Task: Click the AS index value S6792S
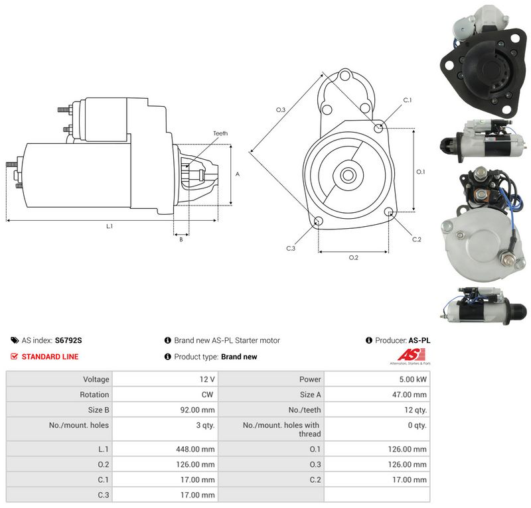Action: tap(68, 340)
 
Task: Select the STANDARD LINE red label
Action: tap(50, 357)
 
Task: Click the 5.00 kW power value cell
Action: tap(413, 379)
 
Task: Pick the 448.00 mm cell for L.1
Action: tap(195, 449)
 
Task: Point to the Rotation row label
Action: tap(94, 395)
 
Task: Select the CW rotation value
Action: tap(207, 395)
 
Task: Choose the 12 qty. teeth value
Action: tap(416, 411)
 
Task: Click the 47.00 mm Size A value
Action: tap(410, 395)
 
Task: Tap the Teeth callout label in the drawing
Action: tap(220, 133)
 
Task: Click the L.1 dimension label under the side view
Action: tap(110, 226)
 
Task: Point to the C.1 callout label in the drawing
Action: tap(408, 100)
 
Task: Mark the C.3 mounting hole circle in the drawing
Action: tap(319, 222)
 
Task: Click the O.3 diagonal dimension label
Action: tap(281, 109)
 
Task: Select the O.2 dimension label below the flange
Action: tap(354, 257)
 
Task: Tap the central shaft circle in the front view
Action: tap(347, 175)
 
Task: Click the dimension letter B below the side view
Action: tap(181, 239)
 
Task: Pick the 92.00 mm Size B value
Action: tap(197, 411)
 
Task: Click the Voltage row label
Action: tap(96, 379)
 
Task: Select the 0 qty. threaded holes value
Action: tap(417, 425)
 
